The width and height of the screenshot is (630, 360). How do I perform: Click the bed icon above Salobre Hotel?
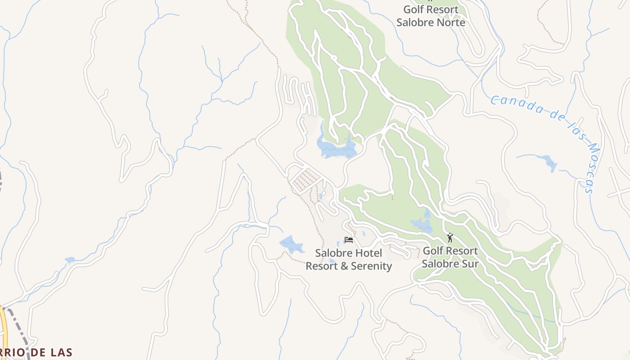point(348,240)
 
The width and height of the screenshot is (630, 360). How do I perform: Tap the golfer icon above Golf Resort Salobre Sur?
point(450,237)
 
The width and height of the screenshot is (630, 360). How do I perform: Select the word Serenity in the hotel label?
point(371,266)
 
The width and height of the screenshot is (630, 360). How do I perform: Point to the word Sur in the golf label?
point(469,263)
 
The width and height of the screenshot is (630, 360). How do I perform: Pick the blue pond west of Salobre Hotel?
point(292,244)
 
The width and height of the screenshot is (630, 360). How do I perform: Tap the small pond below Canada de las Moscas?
point(549,163)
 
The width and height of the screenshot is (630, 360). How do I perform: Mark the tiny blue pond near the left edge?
point(69,260)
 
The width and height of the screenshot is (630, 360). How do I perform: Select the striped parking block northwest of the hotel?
point(306,180)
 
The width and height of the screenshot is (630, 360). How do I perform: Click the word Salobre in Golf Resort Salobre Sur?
point(439,263)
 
